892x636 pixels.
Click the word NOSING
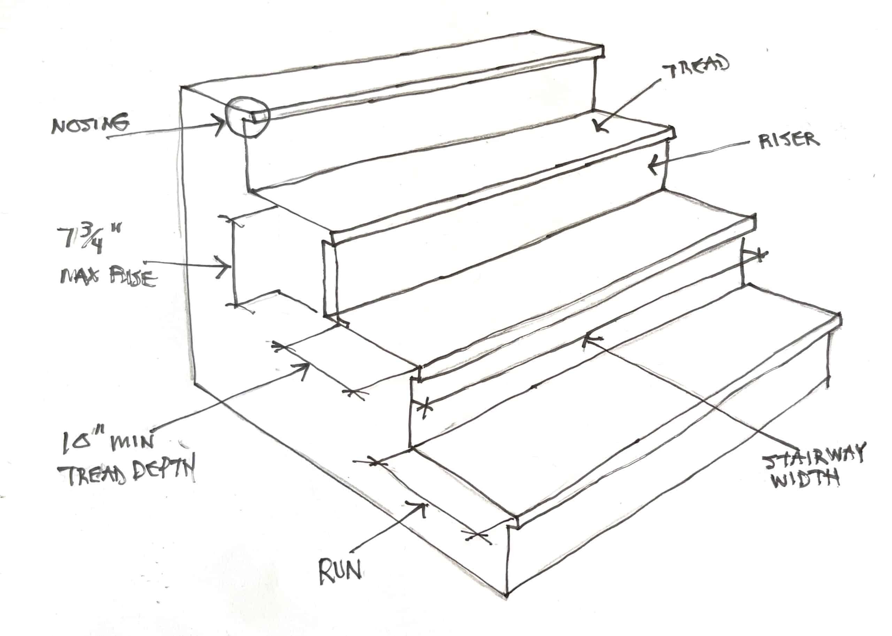tap(90, 125)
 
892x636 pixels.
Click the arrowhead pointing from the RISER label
tap(652, 165)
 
